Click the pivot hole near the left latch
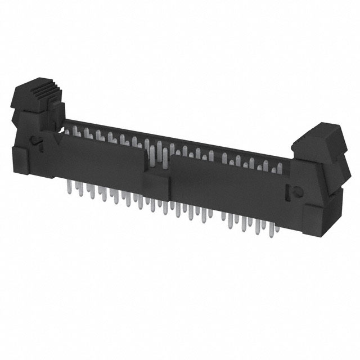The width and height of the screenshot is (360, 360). (x=35, y=141)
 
